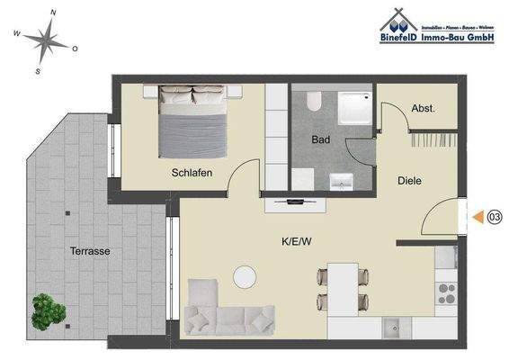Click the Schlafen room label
(192, 174)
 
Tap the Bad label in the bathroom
(321, 140)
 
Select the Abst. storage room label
(423, 109)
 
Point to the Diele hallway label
(409, 181)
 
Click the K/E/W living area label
(296, 241)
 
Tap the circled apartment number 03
(494, 216)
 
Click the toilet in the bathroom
(311, 103)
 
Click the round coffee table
(245, 277)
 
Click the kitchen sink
(392, 326)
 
